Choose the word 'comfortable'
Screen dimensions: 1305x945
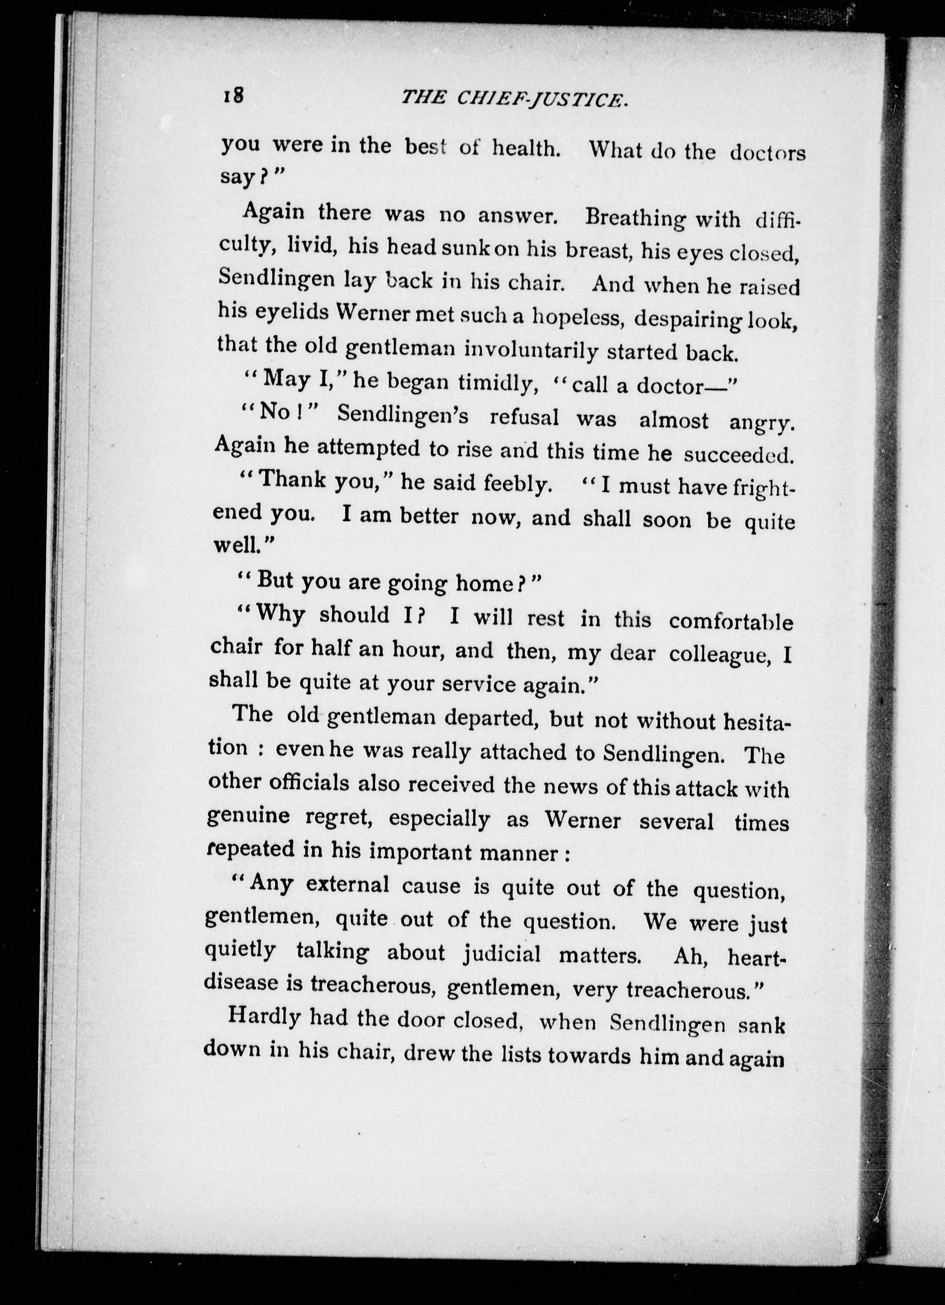pyautogui.click(x=730, y=622)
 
